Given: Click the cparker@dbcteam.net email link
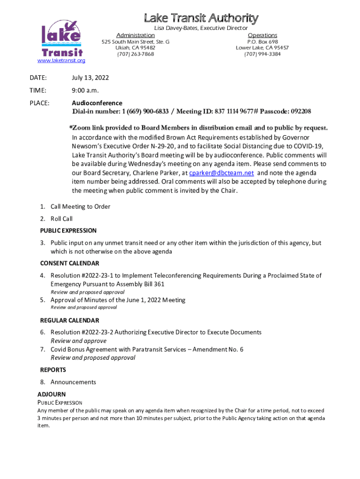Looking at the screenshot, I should click(x=222, y=173).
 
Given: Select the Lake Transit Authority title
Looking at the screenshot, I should click(x=201, y=19).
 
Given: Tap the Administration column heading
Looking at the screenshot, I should click(x=136, y=36).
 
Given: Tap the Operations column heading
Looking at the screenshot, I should click(x=262, y=36).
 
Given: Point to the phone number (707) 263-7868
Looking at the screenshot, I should click(x=136, y=54).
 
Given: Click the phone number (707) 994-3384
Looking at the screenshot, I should click(x=262, y=54).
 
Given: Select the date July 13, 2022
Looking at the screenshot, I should click(x=90, y=78).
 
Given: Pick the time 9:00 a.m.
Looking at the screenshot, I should click(x=85, y=90).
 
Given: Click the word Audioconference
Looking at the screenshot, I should click(x=97, y=103).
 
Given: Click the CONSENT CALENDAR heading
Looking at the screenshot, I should click(x=70, y=263).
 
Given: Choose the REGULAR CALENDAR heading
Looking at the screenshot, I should click(x=70, y=320).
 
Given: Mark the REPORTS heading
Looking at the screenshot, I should click(x=53, y=370).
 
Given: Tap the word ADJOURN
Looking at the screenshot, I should click(x=51, y=394).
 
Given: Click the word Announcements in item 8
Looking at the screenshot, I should click(x=73, y=382).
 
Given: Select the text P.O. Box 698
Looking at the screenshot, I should click(x=262, y=42).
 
